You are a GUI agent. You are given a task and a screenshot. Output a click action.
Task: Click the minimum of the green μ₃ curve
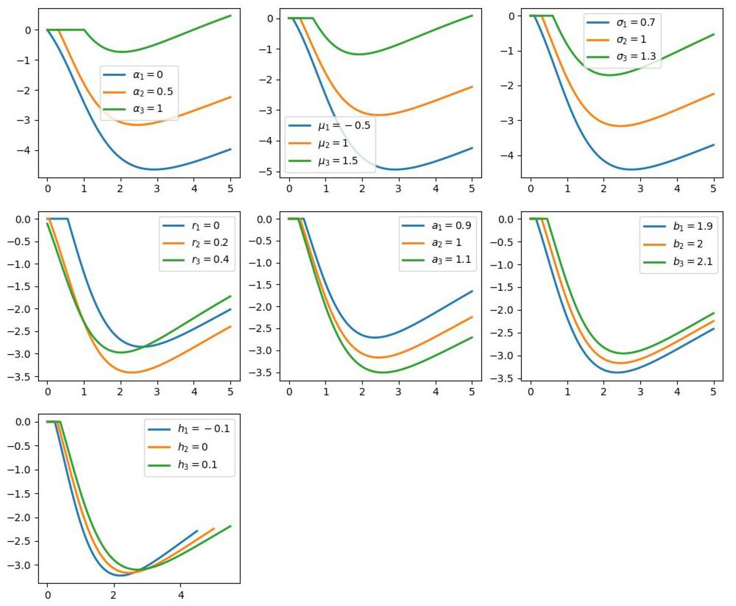[360, 54]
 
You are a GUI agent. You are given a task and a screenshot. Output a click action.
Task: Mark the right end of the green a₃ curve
[472, 337]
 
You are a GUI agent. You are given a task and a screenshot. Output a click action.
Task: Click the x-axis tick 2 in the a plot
[362, 392]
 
